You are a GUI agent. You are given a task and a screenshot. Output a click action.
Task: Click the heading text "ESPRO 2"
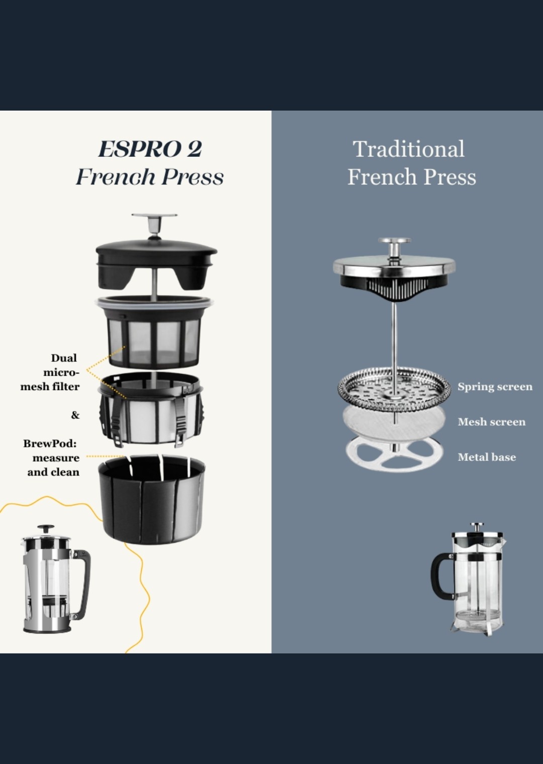pos(150,149)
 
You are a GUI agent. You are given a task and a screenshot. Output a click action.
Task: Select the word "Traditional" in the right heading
pos(409,149)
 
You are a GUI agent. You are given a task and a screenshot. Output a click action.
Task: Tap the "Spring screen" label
pos(495,387)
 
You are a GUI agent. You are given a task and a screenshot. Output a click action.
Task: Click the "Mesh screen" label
pos(492,422)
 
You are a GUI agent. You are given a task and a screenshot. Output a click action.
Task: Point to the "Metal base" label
pos(487,457)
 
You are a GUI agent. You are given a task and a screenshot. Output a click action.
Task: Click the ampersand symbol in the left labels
pos(75,415)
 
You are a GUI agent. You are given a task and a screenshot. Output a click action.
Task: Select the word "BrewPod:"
pos(50,443)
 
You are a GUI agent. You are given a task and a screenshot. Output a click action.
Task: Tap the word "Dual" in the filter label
pos(64,358)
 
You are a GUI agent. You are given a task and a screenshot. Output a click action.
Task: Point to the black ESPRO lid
pos(156,262)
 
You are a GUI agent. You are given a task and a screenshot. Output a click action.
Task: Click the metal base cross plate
pos(394,455)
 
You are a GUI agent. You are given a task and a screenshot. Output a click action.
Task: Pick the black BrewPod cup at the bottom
pos(152,499)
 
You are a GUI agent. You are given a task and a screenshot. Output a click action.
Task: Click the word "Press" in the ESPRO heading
pos(193,177)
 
